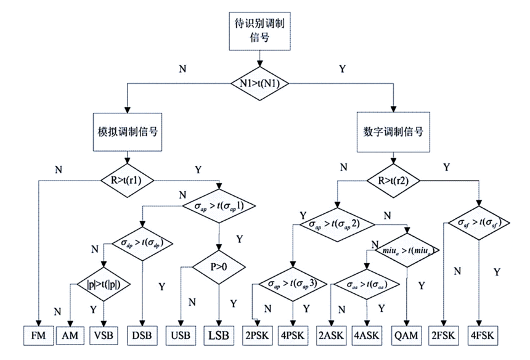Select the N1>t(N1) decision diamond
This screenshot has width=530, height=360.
point(259,83)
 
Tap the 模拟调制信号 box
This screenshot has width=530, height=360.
point(127,131)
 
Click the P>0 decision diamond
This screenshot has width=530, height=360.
point(219,268)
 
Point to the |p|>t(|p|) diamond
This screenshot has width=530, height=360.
point(103,285)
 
